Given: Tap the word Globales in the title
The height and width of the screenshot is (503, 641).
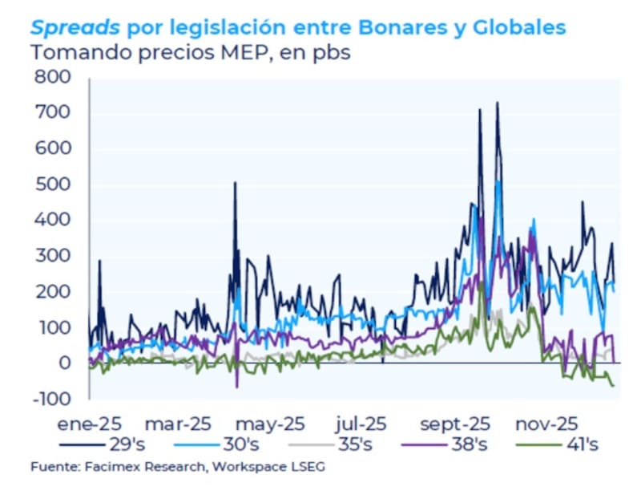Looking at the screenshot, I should (x=519, y=28).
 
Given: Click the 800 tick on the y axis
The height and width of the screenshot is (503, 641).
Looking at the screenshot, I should (x=54, y=78).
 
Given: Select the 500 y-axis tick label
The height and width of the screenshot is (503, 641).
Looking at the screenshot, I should (x=54, y=185).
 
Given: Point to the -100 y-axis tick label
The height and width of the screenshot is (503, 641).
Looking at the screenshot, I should (x=50, y=399).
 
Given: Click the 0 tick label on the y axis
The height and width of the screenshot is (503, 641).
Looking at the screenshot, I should (x=65, y=363).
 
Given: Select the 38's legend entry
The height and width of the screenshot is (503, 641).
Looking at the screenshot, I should (x=479, y=444).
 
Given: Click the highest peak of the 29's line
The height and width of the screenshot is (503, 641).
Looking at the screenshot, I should (x=497, y=103).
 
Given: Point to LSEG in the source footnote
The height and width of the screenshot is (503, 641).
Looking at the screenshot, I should (x=308, y=467).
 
